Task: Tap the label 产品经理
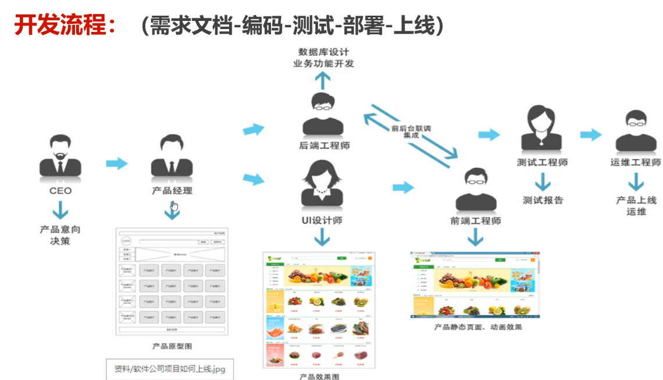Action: (172, 191)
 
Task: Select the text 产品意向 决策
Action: (60, 235)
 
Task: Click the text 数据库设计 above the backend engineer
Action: (324, 52)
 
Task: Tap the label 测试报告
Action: (543, 200)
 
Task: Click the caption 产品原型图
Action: (172, 346)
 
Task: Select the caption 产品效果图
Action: (319, 376)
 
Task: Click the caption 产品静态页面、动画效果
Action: (478, 327)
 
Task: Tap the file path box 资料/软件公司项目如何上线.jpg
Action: (170, 369)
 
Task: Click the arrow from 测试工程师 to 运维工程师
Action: (591, 135)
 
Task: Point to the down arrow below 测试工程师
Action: (543, 183)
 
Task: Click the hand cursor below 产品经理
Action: (174, 206)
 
